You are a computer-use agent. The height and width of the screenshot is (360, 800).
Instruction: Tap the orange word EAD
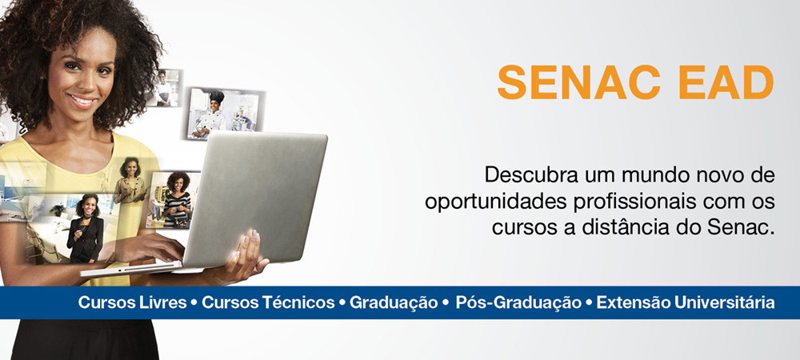point(722,82)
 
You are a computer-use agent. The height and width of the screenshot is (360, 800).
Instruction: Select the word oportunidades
point(476,202)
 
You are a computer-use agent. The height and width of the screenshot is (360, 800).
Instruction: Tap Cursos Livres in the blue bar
point(132,302)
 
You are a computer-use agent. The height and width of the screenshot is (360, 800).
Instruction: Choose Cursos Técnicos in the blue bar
point(268,302)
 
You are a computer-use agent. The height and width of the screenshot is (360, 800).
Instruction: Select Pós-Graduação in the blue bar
point(518,303)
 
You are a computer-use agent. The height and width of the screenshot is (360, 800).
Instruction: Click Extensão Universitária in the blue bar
point(686,302)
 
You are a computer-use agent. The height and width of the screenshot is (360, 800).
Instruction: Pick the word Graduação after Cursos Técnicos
point(394,303)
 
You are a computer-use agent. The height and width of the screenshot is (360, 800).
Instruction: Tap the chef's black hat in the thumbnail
point(217,97)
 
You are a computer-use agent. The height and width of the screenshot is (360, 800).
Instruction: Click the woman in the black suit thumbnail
point(86,229)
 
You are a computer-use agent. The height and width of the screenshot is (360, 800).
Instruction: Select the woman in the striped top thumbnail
point(177,199)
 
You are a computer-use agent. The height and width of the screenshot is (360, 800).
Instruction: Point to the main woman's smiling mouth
point(82,100)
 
